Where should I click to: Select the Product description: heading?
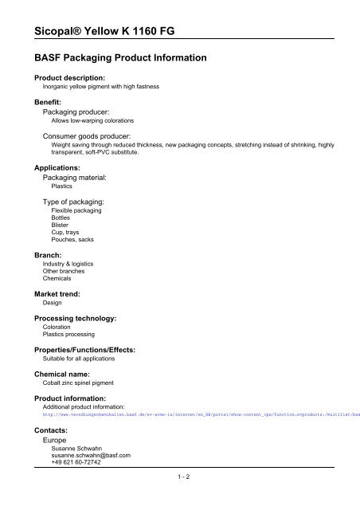[69, 77]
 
